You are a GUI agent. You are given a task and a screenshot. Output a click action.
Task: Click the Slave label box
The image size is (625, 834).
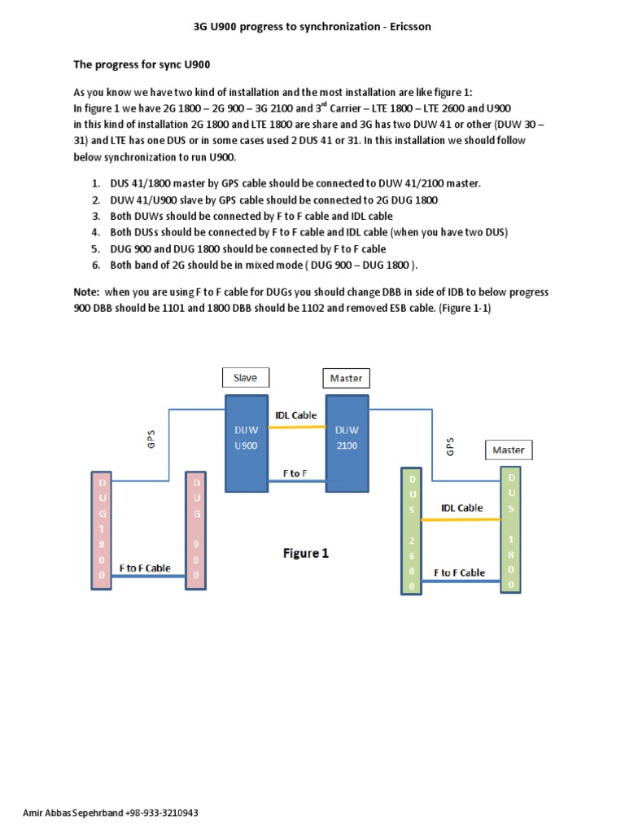[x=245, y=377]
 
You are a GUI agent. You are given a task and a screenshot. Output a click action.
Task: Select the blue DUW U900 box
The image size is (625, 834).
[x=246, y=443]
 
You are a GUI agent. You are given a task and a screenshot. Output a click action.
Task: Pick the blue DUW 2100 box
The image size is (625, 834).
[x=347, y=443]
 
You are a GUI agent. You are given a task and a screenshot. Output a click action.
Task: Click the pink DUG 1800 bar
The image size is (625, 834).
[x=102, y=529]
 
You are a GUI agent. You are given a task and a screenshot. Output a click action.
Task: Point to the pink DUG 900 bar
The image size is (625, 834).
[x=196, y=529]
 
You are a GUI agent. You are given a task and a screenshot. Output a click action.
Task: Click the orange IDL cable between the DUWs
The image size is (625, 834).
[x=296, y=428]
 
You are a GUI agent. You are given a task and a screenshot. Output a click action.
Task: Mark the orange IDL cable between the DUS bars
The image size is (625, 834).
[x=461, y=519]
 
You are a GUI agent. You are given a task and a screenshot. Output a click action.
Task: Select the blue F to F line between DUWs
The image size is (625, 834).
[x=296, y=481]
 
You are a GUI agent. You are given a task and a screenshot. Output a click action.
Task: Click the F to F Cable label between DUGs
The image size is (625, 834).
[x=145, y=568]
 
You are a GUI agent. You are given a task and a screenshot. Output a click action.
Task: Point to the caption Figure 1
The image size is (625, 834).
[x=306, y=553]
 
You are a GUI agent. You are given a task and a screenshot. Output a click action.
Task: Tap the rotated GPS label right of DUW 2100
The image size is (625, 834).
[x=450, y=447]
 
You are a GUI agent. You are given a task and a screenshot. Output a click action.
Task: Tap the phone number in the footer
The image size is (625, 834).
[x=162, y=813]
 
